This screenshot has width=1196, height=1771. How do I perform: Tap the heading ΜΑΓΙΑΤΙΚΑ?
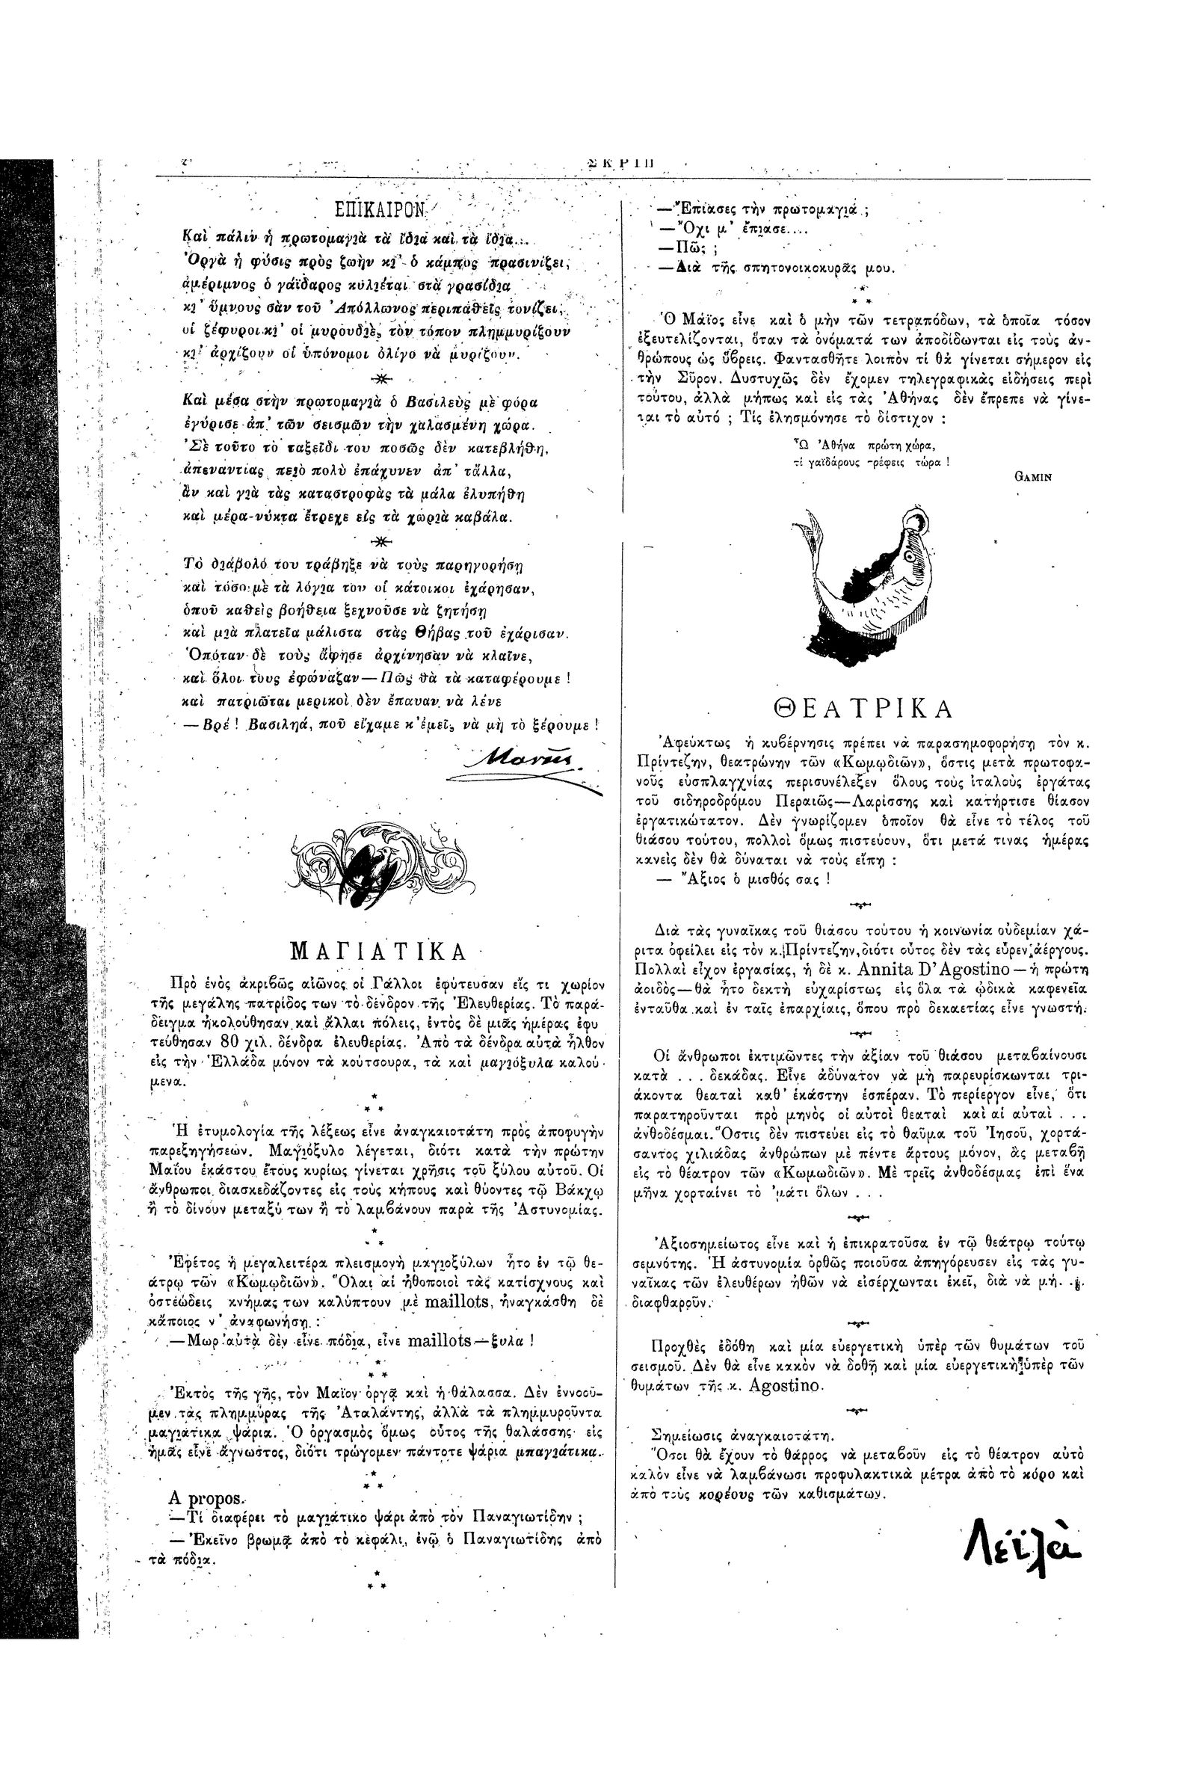[x=378, y=952]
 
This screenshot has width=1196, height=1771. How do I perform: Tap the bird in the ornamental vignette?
[x=381, y=859]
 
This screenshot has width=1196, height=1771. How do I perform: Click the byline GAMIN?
[x=1032, y=478]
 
